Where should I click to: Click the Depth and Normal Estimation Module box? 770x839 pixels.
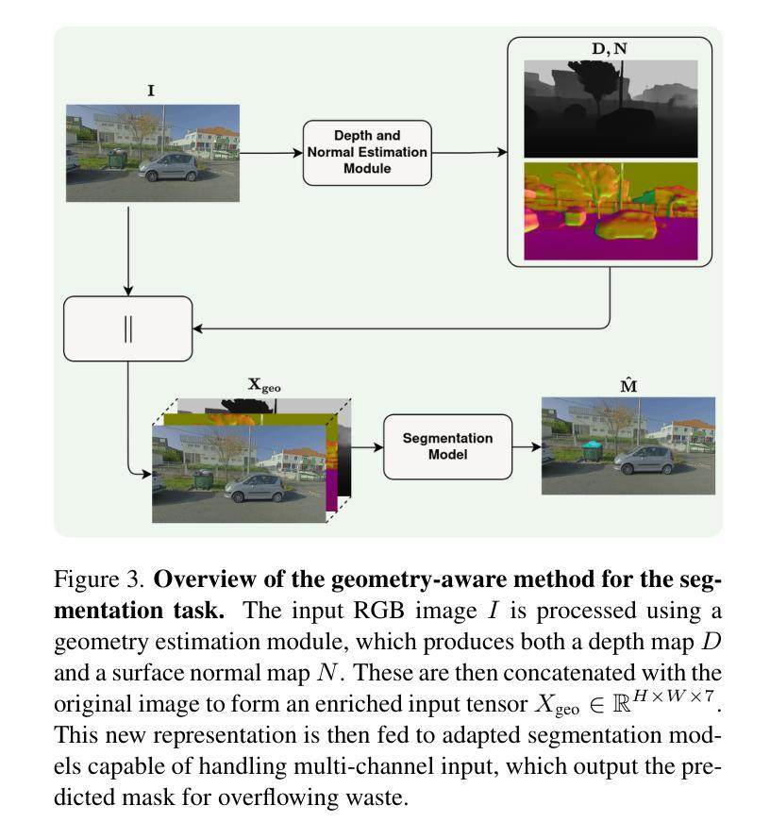366,152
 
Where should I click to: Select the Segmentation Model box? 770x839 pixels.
447,446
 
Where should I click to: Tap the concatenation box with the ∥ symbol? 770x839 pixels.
127,328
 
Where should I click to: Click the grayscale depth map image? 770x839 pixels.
610,108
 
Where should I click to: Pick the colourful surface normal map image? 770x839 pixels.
610,210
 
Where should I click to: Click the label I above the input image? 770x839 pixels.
150,92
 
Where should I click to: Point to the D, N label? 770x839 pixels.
609,48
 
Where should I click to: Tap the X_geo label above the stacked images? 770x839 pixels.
263,385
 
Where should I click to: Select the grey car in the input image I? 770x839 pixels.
169,167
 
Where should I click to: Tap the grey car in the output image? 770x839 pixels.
644,461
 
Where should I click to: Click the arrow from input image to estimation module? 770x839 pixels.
271,152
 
